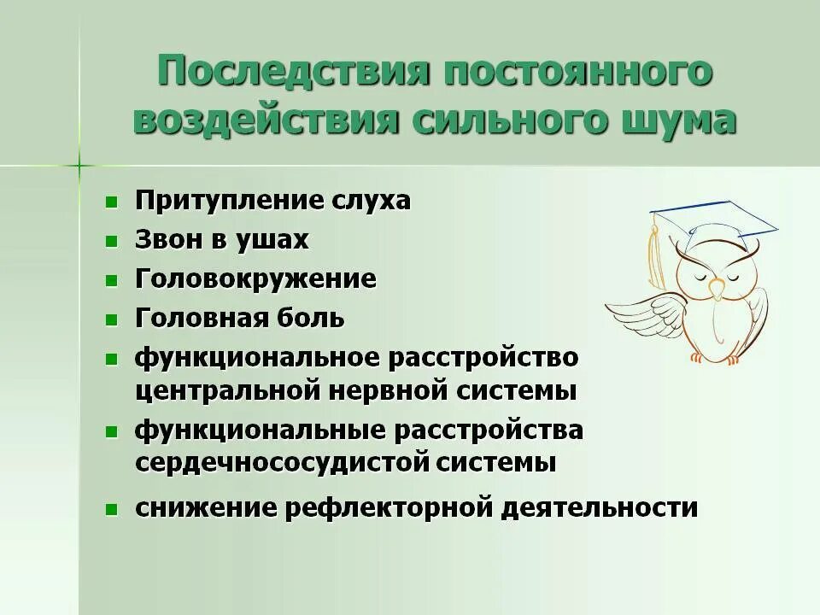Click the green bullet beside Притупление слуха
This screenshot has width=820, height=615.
pos(111,202)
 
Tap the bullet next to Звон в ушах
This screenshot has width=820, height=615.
pos(111,242)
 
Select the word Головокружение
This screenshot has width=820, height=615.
pos(255,279)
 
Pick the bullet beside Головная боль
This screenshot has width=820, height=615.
pos(111,320)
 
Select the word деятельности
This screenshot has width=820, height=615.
pos(600,508)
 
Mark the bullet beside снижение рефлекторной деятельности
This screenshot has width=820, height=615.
pos(111,510)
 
